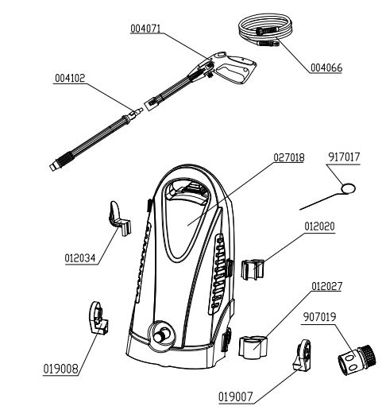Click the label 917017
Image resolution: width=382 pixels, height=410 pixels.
[x=343, y=158]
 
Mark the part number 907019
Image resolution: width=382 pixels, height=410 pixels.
[x=319, y=316]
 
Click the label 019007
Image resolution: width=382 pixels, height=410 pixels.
[x=235, y=394]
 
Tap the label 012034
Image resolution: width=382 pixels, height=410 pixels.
[x=81, y=257]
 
